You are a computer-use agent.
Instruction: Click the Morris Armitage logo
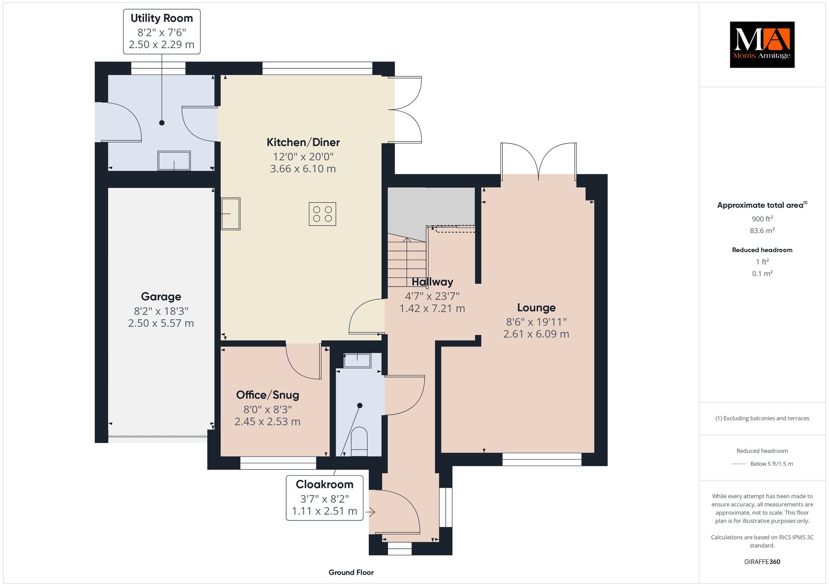762,45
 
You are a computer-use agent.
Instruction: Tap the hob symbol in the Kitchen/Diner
322,214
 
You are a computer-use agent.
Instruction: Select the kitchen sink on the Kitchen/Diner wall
230,214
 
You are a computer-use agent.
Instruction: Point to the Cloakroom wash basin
357,361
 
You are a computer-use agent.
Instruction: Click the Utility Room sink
174,161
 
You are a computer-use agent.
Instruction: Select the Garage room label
161,297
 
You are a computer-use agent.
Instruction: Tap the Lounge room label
536,308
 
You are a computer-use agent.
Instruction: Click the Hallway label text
432,282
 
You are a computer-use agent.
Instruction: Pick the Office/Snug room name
268,395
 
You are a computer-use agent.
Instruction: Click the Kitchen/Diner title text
303,142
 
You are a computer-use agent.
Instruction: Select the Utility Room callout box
162,31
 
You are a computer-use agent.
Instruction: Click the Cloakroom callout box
325,498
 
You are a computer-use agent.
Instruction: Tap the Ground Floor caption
351,572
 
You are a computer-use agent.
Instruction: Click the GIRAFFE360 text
762,562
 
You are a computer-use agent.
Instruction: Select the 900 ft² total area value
762,219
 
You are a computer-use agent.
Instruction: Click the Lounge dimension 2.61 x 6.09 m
536,334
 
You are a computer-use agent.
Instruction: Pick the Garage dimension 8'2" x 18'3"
161,311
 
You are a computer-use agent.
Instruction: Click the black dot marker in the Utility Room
162,123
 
